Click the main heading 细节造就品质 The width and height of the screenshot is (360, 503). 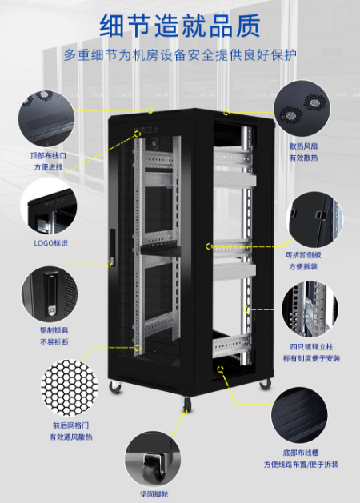(x=180, y=26)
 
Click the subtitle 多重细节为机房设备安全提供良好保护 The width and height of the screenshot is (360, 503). (x=180, y=55)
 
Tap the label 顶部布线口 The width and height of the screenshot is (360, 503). (x=49, y=156)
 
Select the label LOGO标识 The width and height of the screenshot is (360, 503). (x=51, y=243)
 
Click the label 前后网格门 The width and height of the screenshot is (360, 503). (x=71, y=425)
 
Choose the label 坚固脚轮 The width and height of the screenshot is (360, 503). (x=154, y=494)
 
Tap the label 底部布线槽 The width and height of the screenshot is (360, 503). (x=301, y=453)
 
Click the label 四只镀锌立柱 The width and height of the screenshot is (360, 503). (x=311, y=347)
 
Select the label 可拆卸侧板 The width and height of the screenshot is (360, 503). (x=303, y=255)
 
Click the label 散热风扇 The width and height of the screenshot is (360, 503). (x=303, y=146)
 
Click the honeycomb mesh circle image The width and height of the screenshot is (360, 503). (x=70, y=387)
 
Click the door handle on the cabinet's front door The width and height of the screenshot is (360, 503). (x=112, y=246)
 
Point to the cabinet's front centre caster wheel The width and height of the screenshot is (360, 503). (x=186, y=404)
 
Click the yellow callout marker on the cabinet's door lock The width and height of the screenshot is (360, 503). (x=109, y=263)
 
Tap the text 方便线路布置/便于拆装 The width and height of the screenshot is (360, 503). (x=301, y=464)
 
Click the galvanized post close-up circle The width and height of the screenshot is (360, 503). (x=310, y=309)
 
